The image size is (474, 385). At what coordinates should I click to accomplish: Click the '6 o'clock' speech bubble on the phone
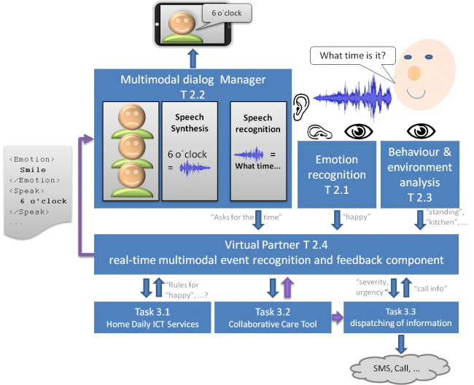227,13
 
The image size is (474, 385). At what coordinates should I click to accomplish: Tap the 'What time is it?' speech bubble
353,55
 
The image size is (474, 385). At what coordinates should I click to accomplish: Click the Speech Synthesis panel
190,151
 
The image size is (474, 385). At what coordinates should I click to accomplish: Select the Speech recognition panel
258,151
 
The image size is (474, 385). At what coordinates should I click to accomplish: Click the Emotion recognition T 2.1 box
337,174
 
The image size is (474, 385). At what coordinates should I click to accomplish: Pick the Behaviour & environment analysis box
420,174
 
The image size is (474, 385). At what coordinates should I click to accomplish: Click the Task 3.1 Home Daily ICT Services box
152,317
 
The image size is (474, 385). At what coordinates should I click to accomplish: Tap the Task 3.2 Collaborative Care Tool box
273,317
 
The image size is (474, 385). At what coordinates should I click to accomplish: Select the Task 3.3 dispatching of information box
401,317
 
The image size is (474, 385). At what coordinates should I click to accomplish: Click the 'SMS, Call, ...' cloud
400,369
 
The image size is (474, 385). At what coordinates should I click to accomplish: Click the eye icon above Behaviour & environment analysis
421,131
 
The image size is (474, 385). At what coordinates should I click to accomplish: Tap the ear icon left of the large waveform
301,107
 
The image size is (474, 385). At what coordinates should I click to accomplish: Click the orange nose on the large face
414,73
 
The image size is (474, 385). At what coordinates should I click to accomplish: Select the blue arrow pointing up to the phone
193,58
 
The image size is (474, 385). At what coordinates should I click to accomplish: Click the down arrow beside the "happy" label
337,220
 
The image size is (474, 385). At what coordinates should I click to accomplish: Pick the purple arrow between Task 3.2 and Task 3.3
338,317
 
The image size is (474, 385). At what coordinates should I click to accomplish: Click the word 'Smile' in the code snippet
33,170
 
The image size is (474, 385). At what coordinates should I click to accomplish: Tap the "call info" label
430,289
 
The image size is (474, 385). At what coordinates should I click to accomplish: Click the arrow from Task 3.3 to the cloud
401,344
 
